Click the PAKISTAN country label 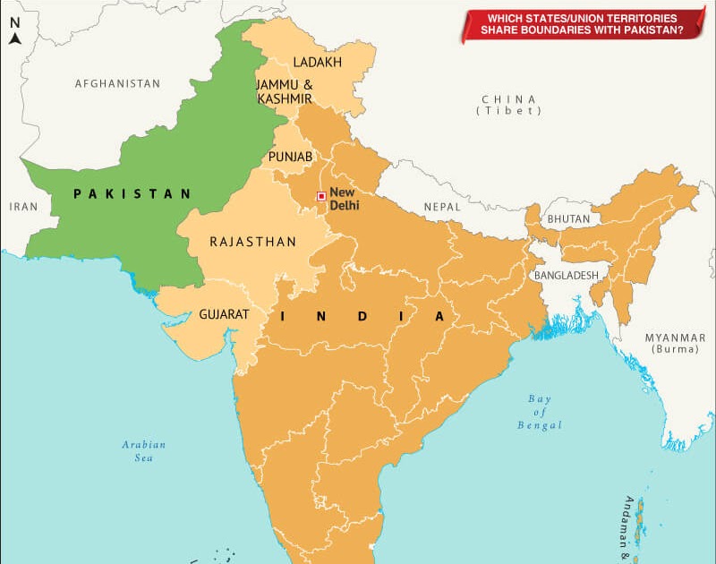click(x=132, y=193)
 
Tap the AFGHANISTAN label click(x=117, y=83)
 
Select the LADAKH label click(x=318, y=62)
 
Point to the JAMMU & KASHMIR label click(x=285, y=91)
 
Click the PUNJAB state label click(x=291, y=157)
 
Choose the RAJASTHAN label click(x=253, y=242)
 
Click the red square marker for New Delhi click(x=321, y=196)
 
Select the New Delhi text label click(x=345, y=199)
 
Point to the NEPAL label click(x=441, y=207)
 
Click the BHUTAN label click(x=568, y=218)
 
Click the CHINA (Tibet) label click(x=508, y=104)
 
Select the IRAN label click(x=24, y=206)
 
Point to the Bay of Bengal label click(x=540, y=412)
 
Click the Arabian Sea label click(x=144, y=450)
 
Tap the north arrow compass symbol click(x=15, y=31)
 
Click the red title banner click(x=582, y=24)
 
